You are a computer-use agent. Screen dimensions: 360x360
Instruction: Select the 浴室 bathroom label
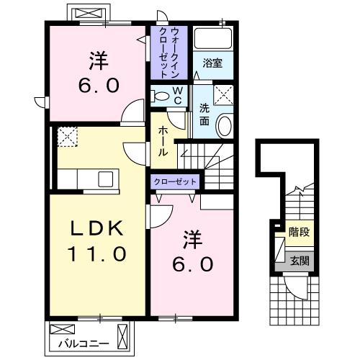[x=212, y=63]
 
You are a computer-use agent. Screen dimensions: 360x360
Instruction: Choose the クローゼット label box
[x=175, y=181]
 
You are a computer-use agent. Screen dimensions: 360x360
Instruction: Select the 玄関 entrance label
[x=298, y=261]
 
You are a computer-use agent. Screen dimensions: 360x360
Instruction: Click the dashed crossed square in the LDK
[x=68, y=136]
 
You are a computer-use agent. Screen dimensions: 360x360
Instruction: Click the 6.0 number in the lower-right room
[x=192, y=264]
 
